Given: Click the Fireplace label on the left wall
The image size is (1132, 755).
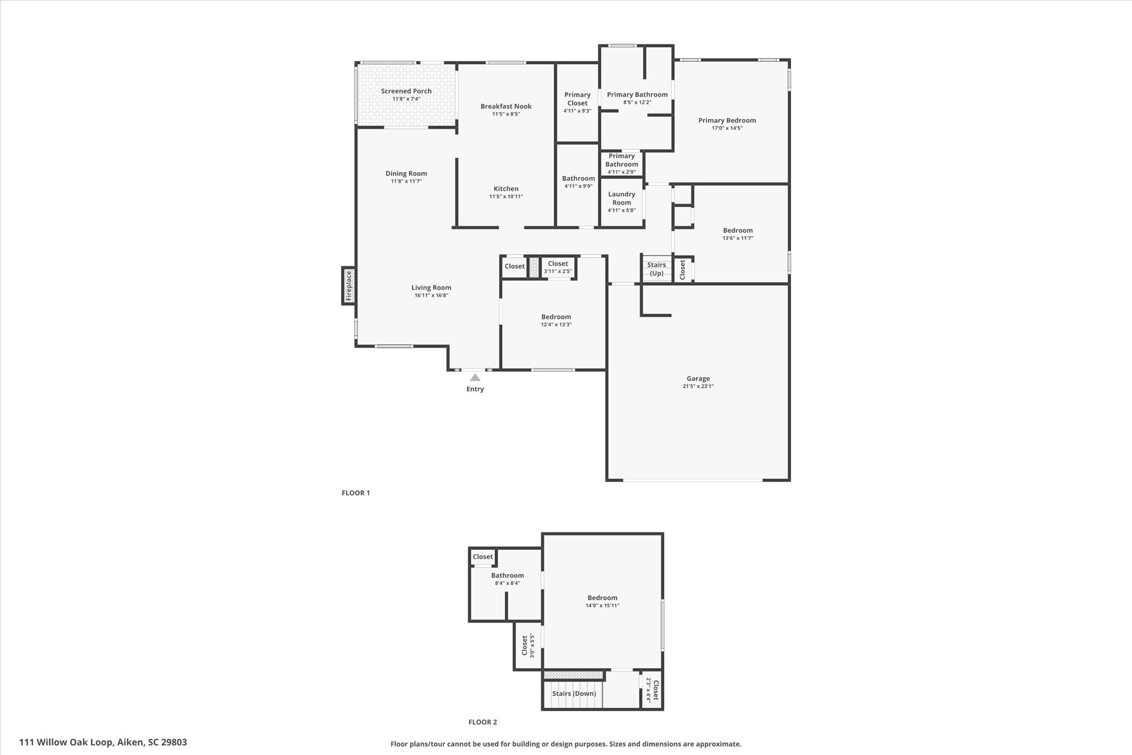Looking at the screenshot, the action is click(x=349, y=285).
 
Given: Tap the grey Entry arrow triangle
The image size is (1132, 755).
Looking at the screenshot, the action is click(x=475, y=377).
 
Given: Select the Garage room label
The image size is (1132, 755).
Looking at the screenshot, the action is click(x=698, y=379).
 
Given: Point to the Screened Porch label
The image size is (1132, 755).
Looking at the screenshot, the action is click(x=406, y=91).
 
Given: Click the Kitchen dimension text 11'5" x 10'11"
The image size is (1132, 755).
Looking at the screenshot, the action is click(x=506, y=196).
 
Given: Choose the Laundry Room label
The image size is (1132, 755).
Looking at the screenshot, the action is click(x=622, y=198).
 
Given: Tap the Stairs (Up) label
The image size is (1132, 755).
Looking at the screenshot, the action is click(x=657, y=269).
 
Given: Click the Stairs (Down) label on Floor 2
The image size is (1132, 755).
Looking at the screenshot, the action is click(x=574, y=694).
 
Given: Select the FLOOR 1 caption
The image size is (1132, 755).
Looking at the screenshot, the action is click(x=355, y=493).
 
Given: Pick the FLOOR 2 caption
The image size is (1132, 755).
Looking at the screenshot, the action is click(x=483, y=722).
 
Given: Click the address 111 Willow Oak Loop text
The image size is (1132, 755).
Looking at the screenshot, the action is click(x=66, y=742).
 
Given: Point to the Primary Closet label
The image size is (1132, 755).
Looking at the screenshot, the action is click(x=578, y=99).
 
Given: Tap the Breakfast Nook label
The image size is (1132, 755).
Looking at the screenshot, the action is click(x=506, y=106).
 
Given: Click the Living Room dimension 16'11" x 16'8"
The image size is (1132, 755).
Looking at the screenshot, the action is click(x=431, y=295).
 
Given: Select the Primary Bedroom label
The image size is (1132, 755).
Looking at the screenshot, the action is click(x=727, y=120).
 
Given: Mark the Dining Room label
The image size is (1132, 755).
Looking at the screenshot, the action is click(x=406, y=173).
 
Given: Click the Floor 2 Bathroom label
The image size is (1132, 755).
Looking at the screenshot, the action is click(x=507, y=576).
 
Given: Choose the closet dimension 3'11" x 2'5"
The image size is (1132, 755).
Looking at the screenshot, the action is click(x=558, y=272).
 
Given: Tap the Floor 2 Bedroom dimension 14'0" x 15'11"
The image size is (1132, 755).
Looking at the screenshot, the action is click(x=602, y=606).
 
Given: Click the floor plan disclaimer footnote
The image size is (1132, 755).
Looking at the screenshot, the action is click(x=566, y=744).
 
